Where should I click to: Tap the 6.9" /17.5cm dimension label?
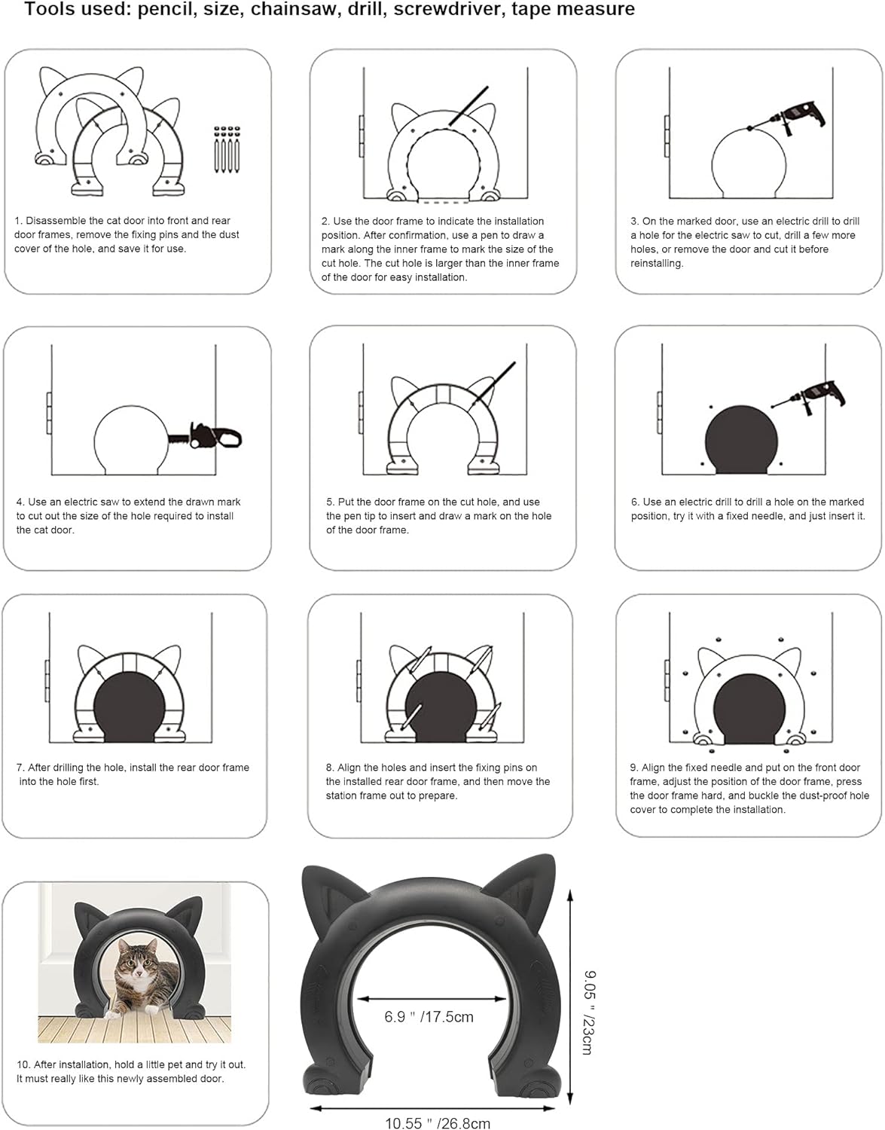(429, 1017)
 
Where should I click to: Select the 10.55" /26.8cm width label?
(438, 1123)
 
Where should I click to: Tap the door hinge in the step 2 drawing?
(361, 136)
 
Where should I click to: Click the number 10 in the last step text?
(23, 1064)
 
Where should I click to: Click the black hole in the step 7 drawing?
(130, 708)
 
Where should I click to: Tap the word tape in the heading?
(554, 10)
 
